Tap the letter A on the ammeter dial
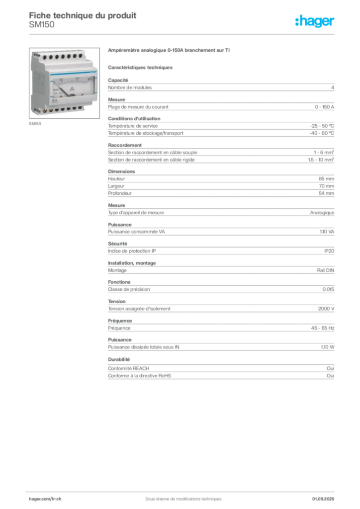pos(72,88)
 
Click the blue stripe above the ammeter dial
pos(65,73)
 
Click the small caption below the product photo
pos(35,124)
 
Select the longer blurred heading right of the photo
pos(169,51)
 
